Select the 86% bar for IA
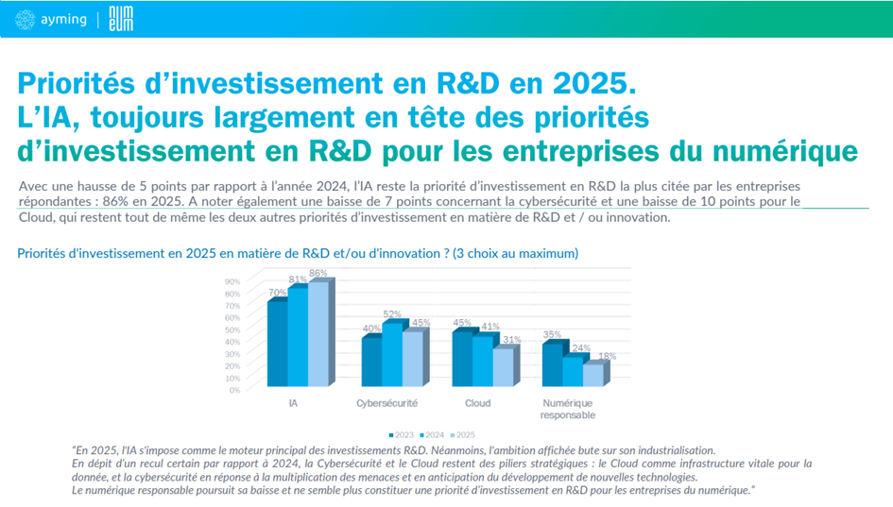click(318, 334)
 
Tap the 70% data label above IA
click(278, 293)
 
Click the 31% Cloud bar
click(504, 367)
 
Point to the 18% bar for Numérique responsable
click(592, 375)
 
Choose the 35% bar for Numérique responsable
click(551, 364)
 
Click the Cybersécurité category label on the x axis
click(387, 403)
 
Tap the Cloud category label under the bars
click(478, 403)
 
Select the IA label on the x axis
click(294, 403)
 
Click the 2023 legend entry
click(403, 434)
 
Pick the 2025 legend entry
click(463, 434)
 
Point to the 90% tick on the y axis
click(232, 281)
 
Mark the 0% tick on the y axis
click(233, 390)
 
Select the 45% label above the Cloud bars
click(462, 322)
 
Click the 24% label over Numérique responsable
click(580, 348)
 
